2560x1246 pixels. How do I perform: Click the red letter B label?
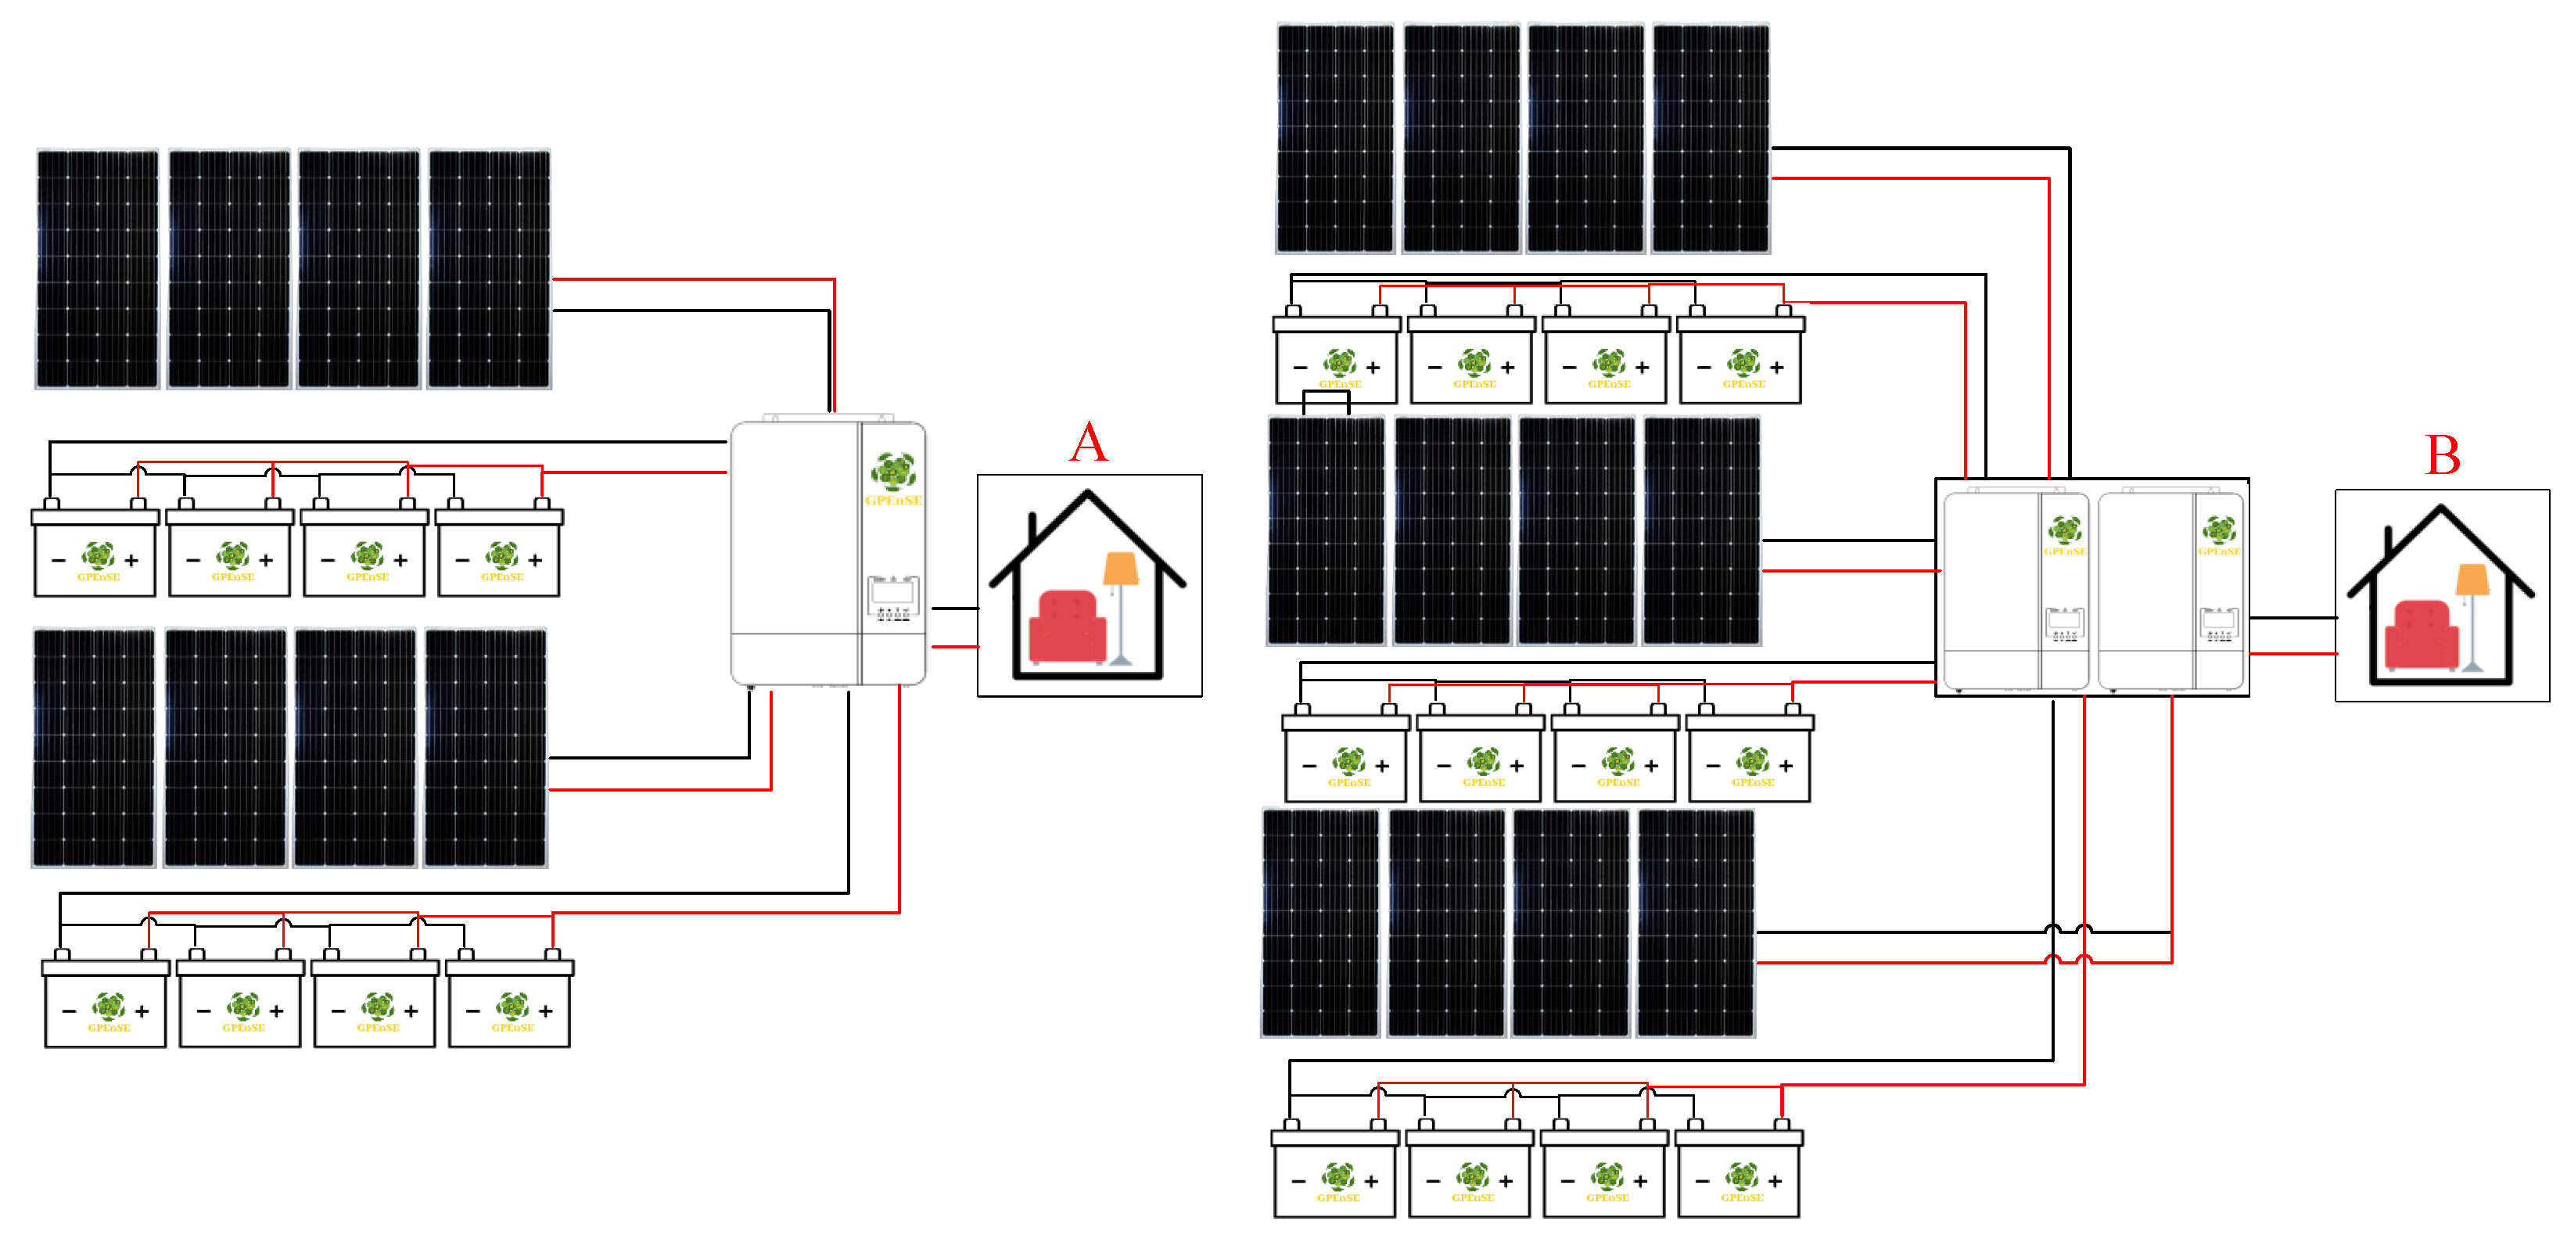tap(2443, 455)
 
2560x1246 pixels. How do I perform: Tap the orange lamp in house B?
tap(2472, 580)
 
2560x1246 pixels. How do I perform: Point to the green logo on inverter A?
tap(892, 471)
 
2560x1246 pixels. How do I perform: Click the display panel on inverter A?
tap(892, 596)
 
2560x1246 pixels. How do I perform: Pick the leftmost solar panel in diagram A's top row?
tap(98, 268)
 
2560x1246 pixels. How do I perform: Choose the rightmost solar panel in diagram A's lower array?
tap(486, 747)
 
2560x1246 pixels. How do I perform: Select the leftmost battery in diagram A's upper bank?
tap(95, 555)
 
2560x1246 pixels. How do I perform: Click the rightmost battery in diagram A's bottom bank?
tap(510, 1004)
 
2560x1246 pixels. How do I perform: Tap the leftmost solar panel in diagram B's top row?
tap(1334, 138)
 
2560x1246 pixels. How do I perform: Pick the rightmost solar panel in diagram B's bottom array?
tap(1696, 923)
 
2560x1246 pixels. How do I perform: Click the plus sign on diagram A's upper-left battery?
tap(131, 560)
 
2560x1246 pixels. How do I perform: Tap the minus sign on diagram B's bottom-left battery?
tap(1298, 1181)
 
